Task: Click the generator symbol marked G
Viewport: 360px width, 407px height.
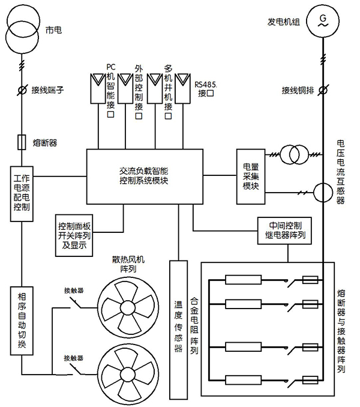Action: [x=323, y=22]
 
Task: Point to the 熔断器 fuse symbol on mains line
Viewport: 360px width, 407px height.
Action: [x=22, y=142]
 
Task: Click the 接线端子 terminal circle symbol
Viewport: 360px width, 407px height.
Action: [x=22, y=90]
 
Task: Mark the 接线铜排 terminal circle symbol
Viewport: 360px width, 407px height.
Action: [x=323, y=90]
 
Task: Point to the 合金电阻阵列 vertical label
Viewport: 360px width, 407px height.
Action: [x=193, y=327]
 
